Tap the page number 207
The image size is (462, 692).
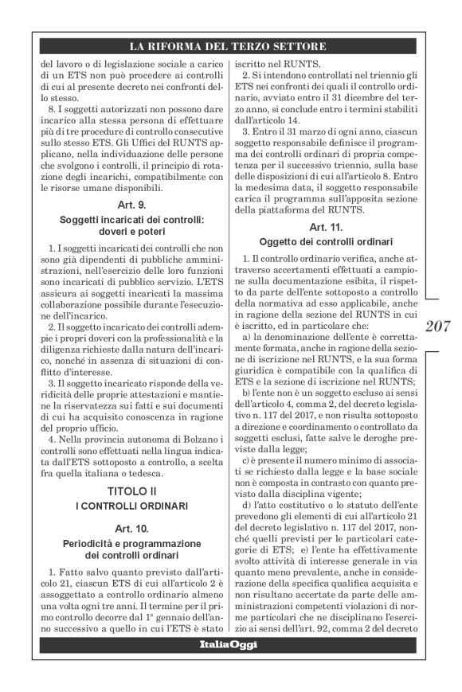(438, 326)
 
